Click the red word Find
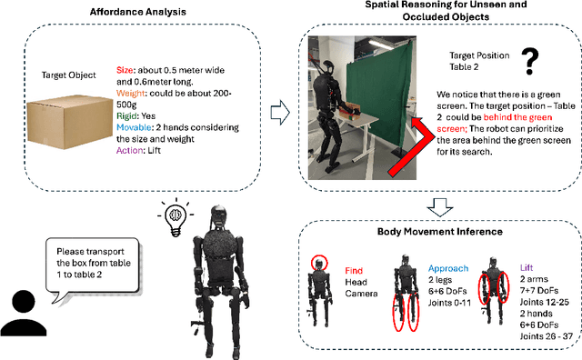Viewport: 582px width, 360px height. [355, 270]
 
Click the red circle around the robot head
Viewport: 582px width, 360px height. [320, 264]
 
